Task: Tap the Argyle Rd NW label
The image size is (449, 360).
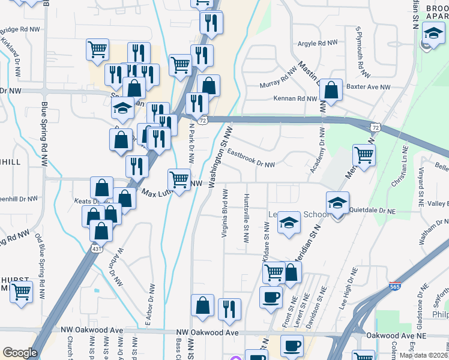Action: click(318, 44)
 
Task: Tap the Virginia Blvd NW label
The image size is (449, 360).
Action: click(224, 213)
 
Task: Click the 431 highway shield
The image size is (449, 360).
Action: click(96, 248)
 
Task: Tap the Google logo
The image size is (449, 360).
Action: click(20, 352)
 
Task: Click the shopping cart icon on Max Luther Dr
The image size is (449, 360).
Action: click(179, 178)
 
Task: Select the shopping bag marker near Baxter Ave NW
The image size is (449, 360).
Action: click(331, 91)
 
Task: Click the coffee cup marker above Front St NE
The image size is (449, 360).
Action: click(271, 297)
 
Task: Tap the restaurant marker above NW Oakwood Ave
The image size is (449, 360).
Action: click(229, 309)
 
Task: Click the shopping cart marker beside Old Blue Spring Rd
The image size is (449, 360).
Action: click(21, 293)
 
